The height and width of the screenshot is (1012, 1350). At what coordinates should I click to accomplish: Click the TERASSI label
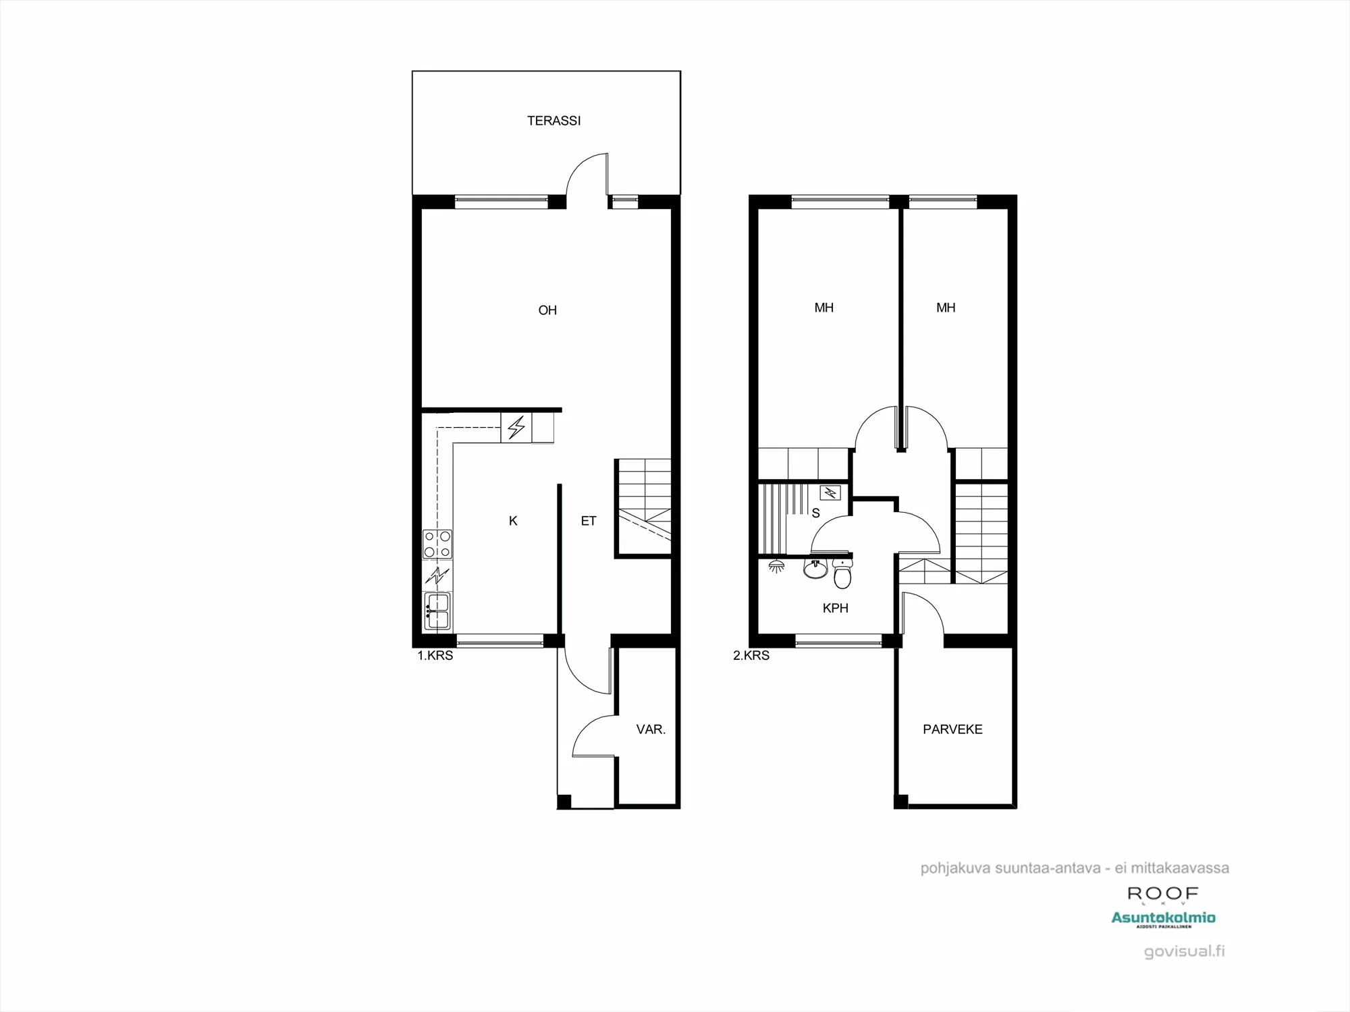(x=553, y=121)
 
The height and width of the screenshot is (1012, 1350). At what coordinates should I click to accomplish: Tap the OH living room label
(x=547, y=310)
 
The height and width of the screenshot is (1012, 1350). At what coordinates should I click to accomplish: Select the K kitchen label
(x=513, y=521)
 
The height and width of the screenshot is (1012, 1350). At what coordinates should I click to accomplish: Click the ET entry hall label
(x=589, y=521)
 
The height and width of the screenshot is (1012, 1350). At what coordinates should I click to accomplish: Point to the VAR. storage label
(x=651, y=729)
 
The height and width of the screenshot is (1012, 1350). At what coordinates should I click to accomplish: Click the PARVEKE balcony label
(x=952, y=729)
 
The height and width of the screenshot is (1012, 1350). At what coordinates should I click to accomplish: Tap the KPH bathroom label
(x=835, y=608)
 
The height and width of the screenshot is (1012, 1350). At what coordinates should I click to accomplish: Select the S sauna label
(x=815, y=513)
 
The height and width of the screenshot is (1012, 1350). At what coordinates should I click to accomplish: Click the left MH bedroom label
(x=823, y=308)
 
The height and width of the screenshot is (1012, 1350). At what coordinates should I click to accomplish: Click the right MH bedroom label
(x=946, y=308)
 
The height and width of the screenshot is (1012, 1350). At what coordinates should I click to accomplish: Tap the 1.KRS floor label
(x=435, y=655)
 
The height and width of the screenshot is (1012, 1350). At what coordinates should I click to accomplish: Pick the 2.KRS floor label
(x=751, y=655)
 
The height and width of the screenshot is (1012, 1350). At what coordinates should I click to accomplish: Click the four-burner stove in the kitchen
(x=437, y=544)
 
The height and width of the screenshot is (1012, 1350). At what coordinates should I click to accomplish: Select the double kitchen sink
(x=437, y=611)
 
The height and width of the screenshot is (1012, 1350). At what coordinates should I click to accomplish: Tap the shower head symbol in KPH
(x=777, y=566)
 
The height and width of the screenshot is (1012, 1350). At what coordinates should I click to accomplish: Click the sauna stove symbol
(x=830, y=493)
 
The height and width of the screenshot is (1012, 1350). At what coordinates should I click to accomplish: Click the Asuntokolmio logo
(x=1163, y=918)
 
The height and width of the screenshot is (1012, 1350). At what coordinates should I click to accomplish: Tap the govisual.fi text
(x=1185, y=951)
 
